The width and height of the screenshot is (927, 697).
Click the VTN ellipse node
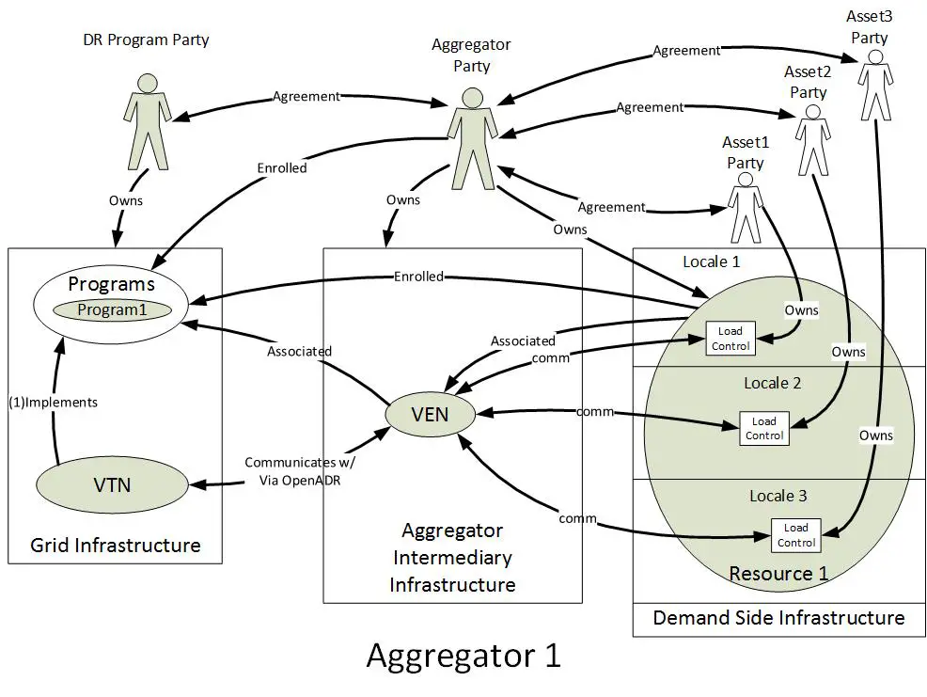tap(112, 485)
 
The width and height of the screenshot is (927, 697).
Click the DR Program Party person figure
tap(146, 123)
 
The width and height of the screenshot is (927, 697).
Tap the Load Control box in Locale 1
tap(731, 339)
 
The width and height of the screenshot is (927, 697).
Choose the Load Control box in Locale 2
tap(763, 428)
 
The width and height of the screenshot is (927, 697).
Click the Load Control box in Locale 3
tap(795, 535)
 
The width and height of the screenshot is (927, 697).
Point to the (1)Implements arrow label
tap(53, 402)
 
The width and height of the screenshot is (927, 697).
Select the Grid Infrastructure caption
tap(115, 545)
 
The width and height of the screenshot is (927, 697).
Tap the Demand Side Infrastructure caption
tap(778, 618)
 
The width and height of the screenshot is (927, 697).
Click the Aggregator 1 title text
tap(463, 655)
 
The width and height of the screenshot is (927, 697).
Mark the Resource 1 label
tap(778, 573)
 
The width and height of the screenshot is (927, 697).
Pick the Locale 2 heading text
tap(778, 384)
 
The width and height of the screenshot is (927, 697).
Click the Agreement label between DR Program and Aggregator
tap(306, 96)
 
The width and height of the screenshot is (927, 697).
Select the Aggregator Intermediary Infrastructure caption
tap(452, 557)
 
